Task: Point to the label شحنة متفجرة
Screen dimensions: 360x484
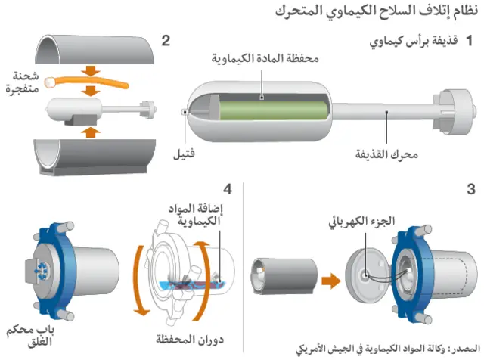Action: [22, 81]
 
